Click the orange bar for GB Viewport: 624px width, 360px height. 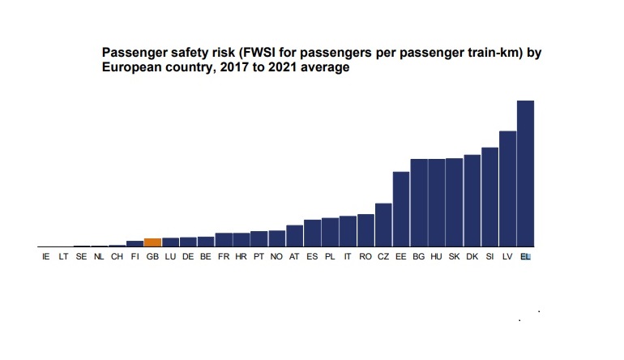click(152, 242)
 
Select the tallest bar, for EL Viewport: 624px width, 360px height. click(525, 174)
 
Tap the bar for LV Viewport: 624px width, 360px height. click(507, 188)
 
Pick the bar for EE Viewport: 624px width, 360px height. click(401, 209)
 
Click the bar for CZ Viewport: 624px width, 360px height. click(383, 225)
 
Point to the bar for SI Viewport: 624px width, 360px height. click(489, 197)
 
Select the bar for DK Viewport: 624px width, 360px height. click(472, 200)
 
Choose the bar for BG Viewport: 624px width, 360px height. click(419, 203)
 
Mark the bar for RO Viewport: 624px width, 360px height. click(365, 230)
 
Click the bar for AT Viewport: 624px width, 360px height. click(294, 236)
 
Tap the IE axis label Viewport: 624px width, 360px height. click(45, 257)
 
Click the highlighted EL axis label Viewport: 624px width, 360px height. click(525, 257)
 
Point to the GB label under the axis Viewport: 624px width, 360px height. click(152, 257)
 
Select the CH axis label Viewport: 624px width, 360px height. click(117, 257)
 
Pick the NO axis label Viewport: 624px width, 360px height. click(276, 257)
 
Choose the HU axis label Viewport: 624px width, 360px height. click(436, 257)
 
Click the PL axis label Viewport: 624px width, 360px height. click(330, 257)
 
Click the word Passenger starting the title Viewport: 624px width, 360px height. click(134, 53)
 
